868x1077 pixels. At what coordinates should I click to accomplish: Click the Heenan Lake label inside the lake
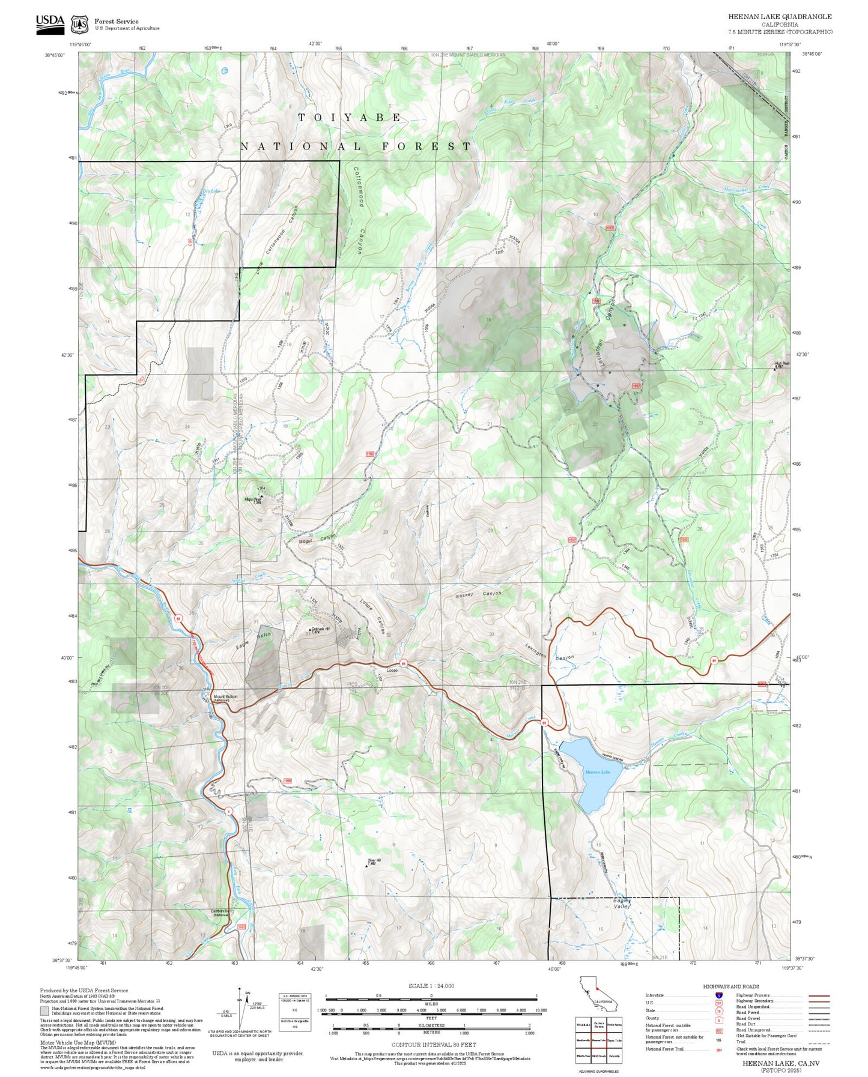click(x=597, y=772)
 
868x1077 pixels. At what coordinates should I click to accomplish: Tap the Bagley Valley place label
click(x=622, y=904)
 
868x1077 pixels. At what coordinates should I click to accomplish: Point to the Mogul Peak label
click(x=253, y=499)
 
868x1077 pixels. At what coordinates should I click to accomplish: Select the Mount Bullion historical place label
click(x=225, y=697)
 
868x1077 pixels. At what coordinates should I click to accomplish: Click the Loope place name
click(x=392, y=671)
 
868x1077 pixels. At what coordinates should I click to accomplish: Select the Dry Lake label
click(x=211, y=191)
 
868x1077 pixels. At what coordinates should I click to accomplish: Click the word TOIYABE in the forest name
click(x=350, y=118)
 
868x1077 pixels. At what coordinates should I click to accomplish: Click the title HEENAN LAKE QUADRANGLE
click(x=780, y=17)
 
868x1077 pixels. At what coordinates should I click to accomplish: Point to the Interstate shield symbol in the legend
click(x=718, y=995)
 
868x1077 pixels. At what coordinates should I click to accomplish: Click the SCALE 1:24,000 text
click(x=431, y=986)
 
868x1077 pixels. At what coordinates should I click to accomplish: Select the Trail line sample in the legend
click(x=819, y=1043)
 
